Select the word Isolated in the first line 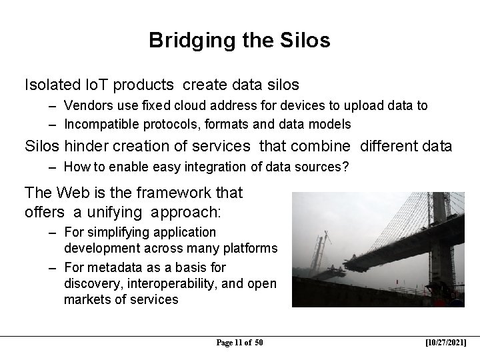tap(50, 85)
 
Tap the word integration tap(195, 167)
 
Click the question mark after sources tap(345, 167)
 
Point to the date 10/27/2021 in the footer tap(446, 343)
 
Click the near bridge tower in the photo tap(439, 240)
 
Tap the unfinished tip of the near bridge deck tap(348, 267)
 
